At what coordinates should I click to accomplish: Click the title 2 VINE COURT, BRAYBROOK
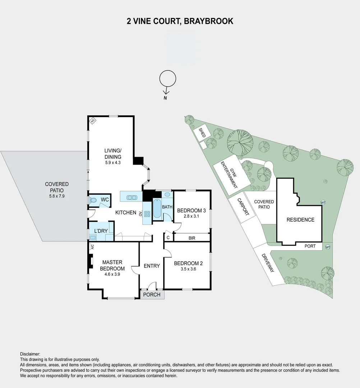click(x=180, y=21)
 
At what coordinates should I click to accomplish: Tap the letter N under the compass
click(x=165, y=98)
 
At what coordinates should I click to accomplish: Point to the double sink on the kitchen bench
click(x=131, y=197)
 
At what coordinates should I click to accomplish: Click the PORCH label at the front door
click(x=152, y=295)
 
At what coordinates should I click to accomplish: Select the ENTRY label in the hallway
click(x=152, y=266)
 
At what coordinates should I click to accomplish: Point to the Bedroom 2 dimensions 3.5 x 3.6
click(x=188, y=269)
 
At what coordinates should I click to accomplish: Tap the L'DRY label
click(x=101, y=231)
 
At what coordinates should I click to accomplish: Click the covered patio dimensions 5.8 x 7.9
click(x=56, y=197)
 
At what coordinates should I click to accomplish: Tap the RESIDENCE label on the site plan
click(x=300, y=220)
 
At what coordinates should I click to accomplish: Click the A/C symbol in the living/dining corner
click(x=93, y=121)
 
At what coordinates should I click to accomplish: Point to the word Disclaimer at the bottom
click(x=30, y=354)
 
